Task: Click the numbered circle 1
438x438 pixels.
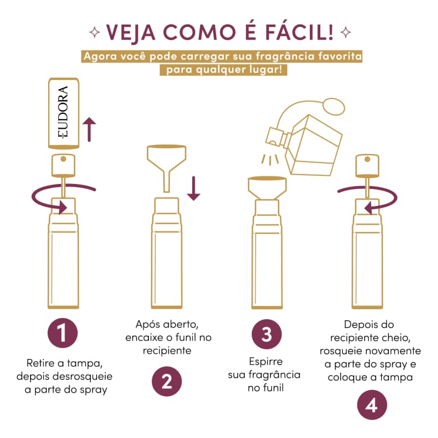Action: [x=62, y=333]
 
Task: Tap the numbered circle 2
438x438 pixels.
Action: [x=167, y=381]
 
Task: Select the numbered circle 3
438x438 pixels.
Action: [x=267, y=334]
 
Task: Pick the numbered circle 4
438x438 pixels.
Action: [x=372, y=405]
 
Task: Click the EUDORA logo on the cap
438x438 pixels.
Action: [x=63, y=112]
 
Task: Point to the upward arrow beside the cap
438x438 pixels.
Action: [x=89, y=129]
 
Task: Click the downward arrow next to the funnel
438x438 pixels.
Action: [x=193, y=188]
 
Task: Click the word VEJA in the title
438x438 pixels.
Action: [x=131, y=33]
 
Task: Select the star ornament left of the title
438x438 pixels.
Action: [x=95, y=32]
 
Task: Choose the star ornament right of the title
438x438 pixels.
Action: [x=346, y=32]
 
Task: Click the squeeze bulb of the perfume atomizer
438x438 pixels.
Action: [x=334, y=106]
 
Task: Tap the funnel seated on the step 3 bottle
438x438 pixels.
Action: [x=267, y=188]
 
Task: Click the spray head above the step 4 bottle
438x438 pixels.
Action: [x=367, y=166]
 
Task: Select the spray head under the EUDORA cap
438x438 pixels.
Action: [x=64, y=165]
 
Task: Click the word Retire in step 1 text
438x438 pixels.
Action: [x=41, y=363]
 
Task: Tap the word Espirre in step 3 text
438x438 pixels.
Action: [x=266, y=362]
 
